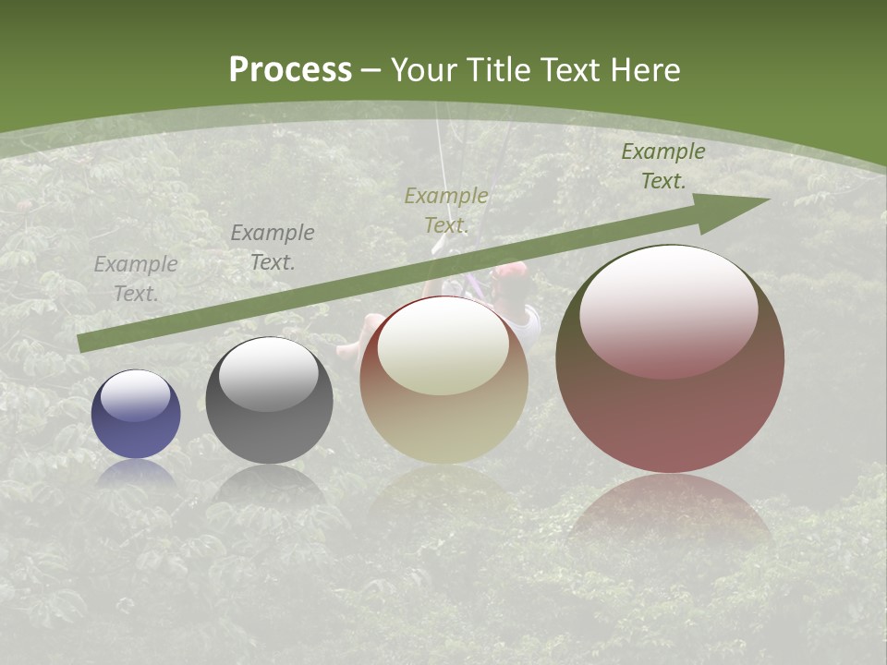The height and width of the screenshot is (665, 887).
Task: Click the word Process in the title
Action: coord(290,70)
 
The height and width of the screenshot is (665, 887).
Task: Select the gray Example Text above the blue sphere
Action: coord(136,278)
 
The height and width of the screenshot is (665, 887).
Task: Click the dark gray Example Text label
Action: coord(273,247)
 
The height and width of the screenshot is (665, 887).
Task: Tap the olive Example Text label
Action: coord(446,210)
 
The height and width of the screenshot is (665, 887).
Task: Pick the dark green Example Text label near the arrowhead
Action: coord(663,166)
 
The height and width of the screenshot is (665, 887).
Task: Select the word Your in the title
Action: coord(426,70)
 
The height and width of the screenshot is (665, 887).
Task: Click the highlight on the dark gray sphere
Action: coord(268,374)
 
